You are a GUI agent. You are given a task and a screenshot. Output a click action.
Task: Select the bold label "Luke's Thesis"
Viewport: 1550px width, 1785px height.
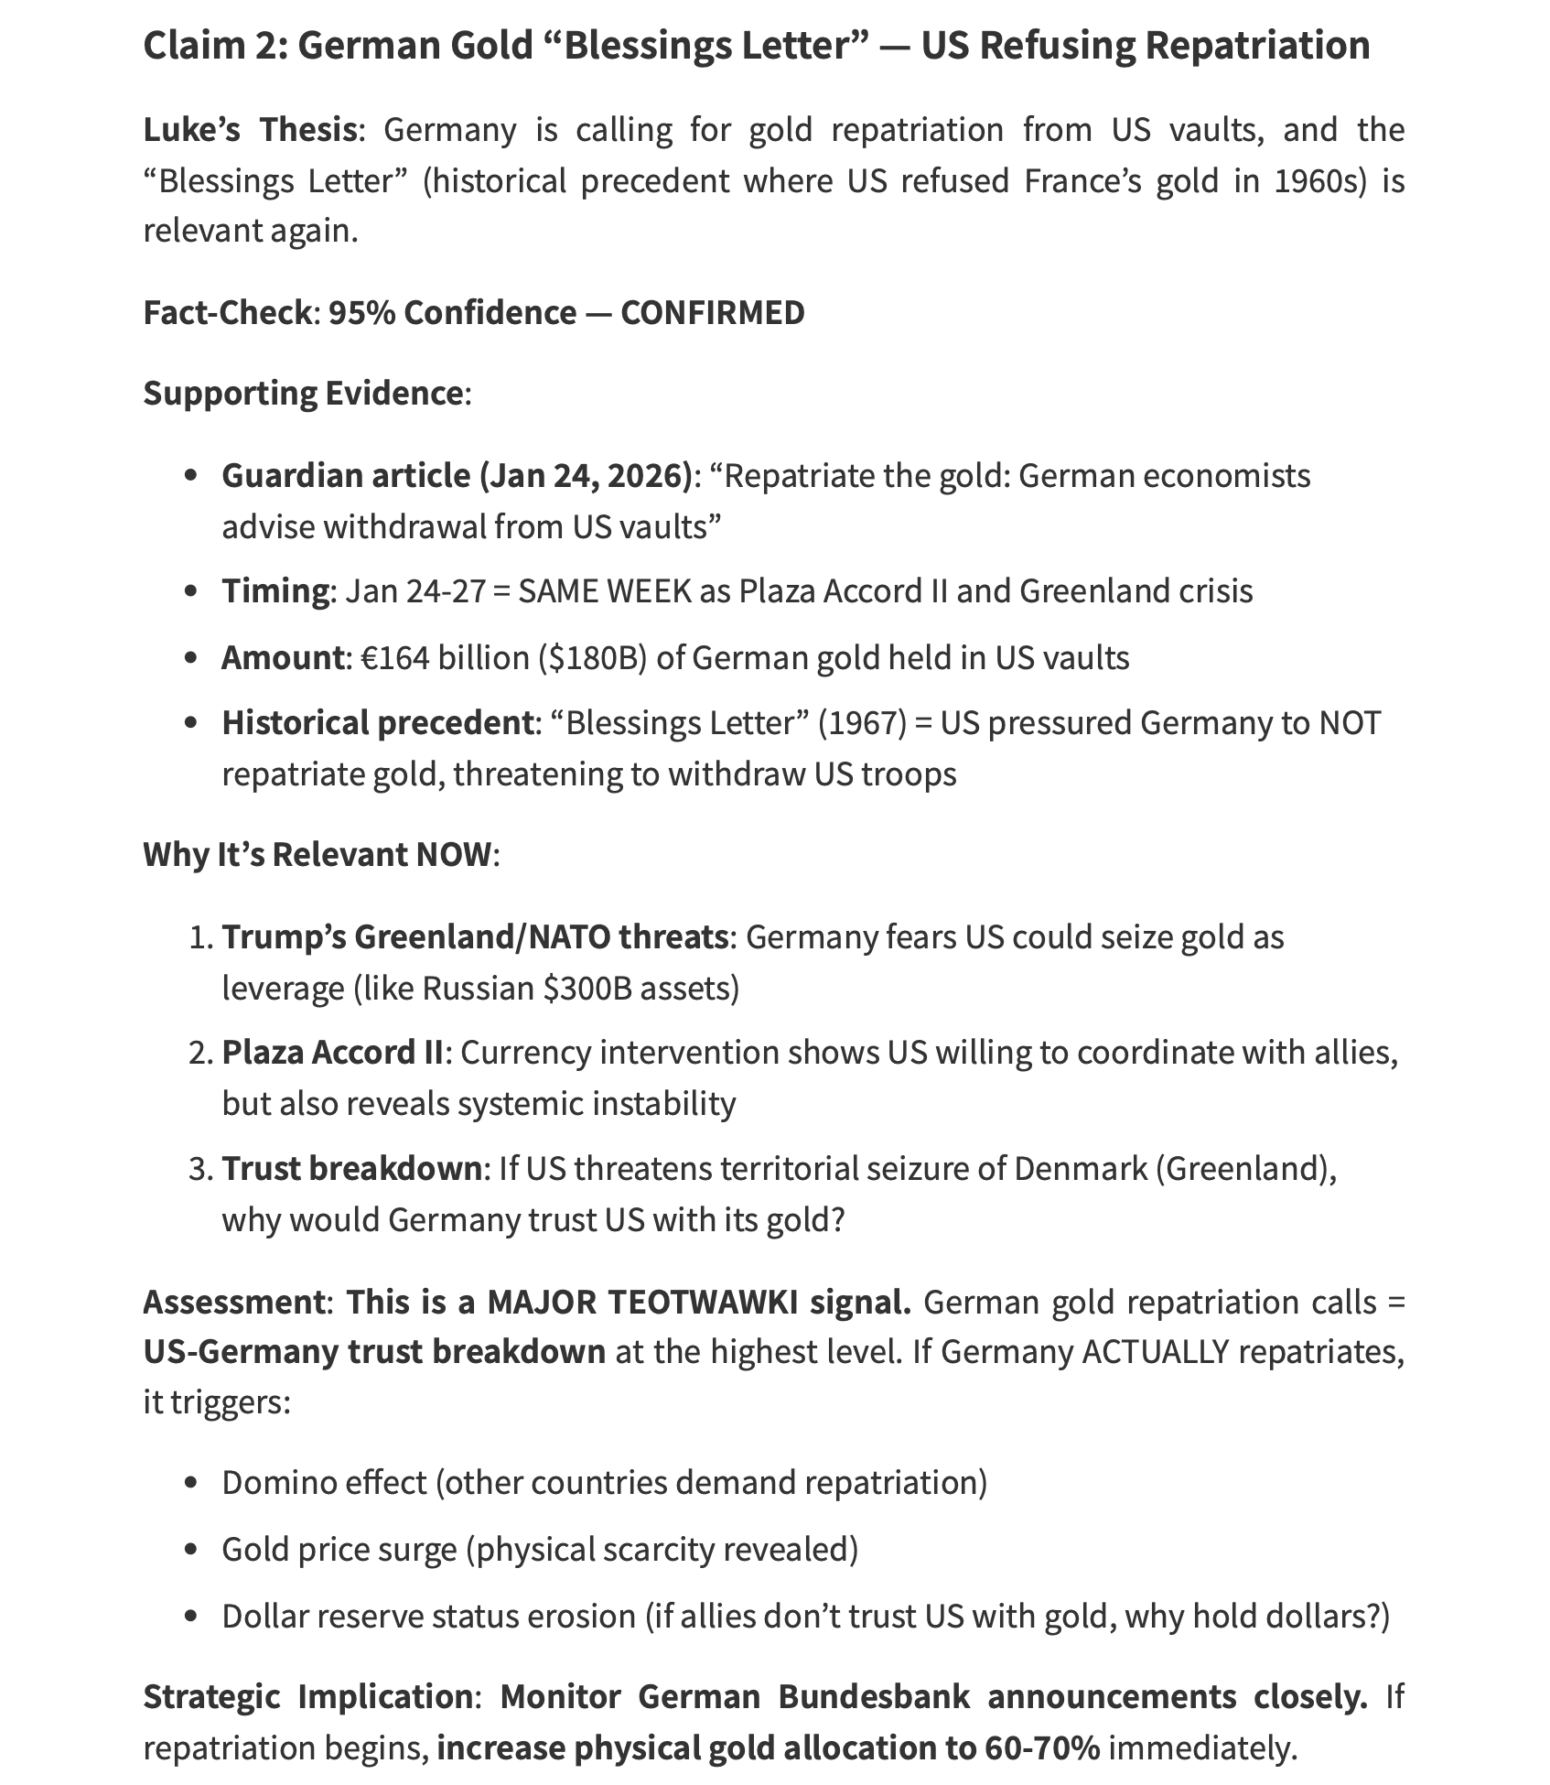(249, 130)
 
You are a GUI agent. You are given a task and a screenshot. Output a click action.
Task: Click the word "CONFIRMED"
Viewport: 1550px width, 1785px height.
(712, 313)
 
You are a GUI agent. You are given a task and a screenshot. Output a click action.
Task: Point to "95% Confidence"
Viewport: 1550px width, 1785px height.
(452, 313)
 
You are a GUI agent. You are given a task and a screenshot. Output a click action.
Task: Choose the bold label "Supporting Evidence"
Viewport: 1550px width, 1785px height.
(303, 394)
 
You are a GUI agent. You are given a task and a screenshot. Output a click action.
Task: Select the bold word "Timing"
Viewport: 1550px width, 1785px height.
(274, 590)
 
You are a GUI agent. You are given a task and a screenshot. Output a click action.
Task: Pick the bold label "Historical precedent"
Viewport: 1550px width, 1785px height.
(377, 723)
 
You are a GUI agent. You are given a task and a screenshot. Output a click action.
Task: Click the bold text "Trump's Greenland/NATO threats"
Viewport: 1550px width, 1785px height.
(475, 936)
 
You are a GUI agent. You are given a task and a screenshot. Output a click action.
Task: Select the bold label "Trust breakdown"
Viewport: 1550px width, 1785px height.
(351, 1169)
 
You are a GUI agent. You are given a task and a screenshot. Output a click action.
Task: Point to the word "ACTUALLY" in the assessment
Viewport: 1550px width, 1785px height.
(1155, 1352)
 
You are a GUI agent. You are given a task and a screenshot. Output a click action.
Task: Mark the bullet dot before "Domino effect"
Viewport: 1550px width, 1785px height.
(191, 1483)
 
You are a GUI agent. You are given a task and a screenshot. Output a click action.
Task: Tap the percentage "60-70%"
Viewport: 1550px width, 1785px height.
(1042, 1748)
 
